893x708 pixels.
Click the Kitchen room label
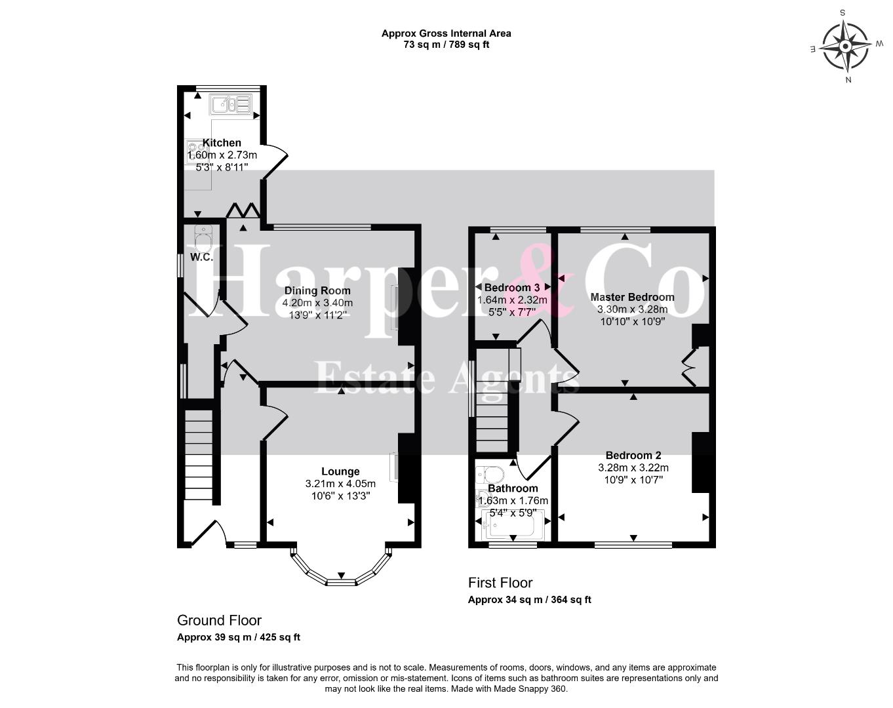tap(222, 143)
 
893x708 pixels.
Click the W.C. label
tap(202, 257)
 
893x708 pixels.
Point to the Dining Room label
tap(317, 290)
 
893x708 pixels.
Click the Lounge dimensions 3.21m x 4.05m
tap(341, 484)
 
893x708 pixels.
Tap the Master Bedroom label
tap(633, 297)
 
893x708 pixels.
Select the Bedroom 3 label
tap(512, 287)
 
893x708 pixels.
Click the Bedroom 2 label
tap(633, 455)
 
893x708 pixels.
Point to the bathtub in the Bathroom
tap(513, 525)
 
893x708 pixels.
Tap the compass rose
tap(845, 46)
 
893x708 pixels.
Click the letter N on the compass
tap(848, 80)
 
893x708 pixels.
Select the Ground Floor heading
tap(219, 620)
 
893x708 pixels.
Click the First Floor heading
tap(500, 583)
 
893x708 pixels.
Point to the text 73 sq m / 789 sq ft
tap(446, 45)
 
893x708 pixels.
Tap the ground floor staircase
tap(199, 455)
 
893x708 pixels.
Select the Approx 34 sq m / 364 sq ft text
tap(530, 600)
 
